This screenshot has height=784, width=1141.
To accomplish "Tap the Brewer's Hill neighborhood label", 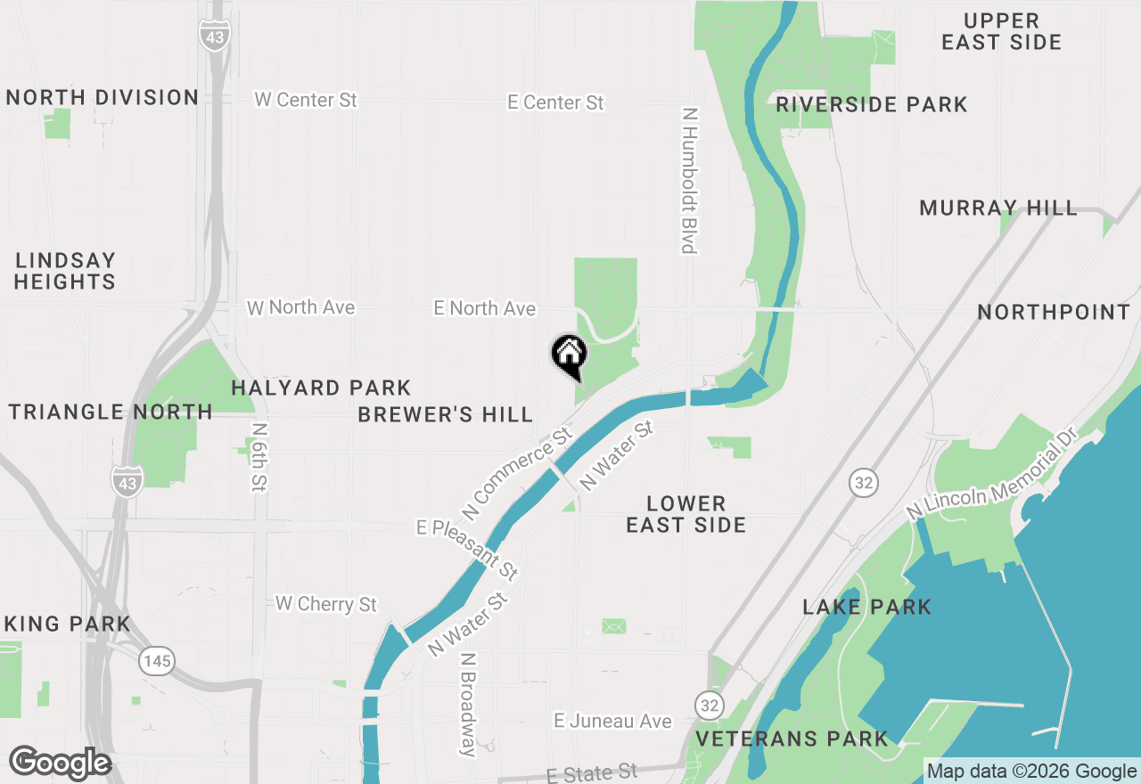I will click(445, 415).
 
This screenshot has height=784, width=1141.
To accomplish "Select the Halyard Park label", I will click(321, 388).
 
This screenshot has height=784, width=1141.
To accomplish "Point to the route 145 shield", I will click(156, 661).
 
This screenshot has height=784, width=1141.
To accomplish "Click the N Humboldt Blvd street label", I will click(688, 181).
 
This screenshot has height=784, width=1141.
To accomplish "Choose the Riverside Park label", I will click(871, 105).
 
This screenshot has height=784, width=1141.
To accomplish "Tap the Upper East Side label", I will click(1001, 31).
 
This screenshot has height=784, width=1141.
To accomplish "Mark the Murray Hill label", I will click(998, 208).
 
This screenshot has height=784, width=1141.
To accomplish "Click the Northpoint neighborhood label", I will click(1054, 313).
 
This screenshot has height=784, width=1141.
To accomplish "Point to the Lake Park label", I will click(866, 608).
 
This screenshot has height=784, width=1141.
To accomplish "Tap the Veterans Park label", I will click(792, 739).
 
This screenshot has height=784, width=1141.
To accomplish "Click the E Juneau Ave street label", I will click(612, 721).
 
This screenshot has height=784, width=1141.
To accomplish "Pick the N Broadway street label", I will click(468, 705).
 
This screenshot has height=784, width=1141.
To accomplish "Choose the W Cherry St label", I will click(326, 604).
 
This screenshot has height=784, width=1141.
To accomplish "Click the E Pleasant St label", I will click(467, 547).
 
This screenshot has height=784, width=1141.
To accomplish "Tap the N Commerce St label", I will click(516, 475).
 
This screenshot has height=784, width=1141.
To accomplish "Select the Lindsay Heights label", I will click(65, 271).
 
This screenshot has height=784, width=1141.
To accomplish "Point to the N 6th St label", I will click(259, 456).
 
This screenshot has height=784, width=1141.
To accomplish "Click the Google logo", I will click(60, 764).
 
